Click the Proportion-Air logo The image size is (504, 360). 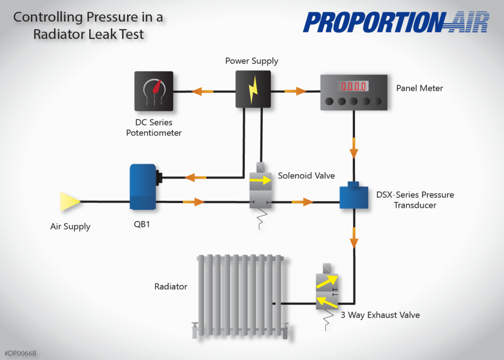point(396,23)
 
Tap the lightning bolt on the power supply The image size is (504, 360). point(253,89)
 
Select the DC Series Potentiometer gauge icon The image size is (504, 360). point(154,91)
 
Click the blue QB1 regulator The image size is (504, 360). point(142,187)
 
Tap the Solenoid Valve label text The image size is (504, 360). point(306,175)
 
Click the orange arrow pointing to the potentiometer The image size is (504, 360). point(202,91)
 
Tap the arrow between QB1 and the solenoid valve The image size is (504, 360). point(193,202)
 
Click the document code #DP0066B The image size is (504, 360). point(21,353)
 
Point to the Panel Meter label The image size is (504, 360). point(419,88)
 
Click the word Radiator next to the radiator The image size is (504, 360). point(171,286)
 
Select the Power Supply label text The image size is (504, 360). point(252,61)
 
